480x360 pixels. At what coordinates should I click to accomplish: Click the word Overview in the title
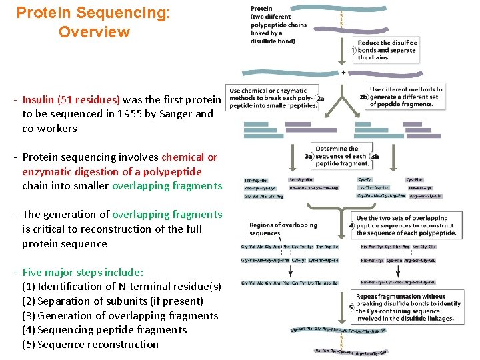point(94,32)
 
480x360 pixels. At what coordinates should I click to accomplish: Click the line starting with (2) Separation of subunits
point(113,301)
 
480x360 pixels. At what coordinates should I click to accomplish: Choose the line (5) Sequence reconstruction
point(91,345)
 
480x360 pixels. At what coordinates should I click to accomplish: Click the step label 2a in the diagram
point(320,98)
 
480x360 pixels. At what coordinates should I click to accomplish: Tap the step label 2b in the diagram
point(364,97)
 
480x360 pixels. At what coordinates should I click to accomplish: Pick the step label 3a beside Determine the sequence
point(309,156)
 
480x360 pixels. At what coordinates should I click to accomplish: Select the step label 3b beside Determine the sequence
point(374,156)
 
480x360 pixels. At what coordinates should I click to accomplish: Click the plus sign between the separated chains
point(344,72)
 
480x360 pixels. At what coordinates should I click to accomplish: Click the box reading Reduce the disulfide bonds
point(387,50)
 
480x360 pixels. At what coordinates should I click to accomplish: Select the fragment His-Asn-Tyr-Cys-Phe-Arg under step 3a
point(314,188)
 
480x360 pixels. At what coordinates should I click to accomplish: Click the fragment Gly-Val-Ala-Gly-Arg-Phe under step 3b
point(381,196)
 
